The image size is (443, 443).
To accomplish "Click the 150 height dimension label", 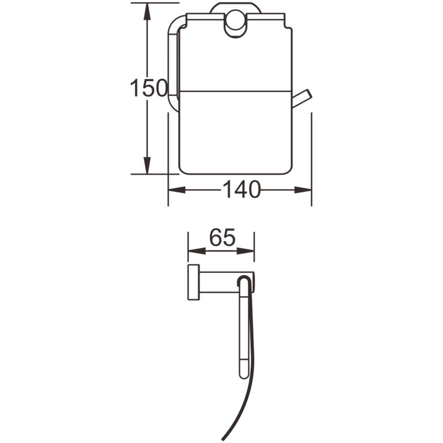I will pos(148,89).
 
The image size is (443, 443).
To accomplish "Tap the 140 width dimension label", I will pos(241,190).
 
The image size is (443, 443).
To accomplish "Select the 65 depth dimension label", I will pos(221,239).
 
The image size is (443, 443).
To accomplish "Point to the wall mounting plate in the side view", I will pos(193,288).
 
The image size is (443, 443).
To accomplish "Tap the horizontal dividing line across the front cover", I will pos(235,92).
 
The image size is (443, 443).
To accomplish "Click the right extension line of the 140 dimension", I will pos(312,159).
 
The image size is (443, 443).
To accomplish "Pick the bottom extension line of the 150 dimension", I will pos(146,174).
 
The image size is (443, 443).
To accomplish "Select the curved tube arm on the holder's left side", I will pos(172,62).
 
